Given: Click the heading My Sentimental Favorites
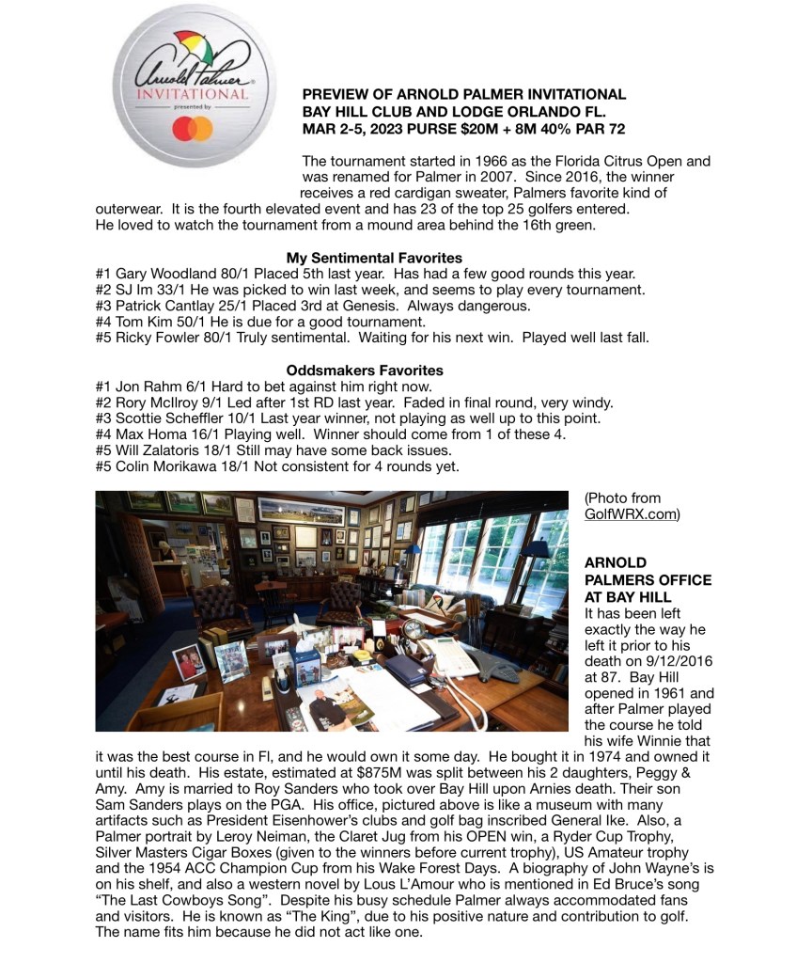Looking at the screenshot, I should pos(374,258).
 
